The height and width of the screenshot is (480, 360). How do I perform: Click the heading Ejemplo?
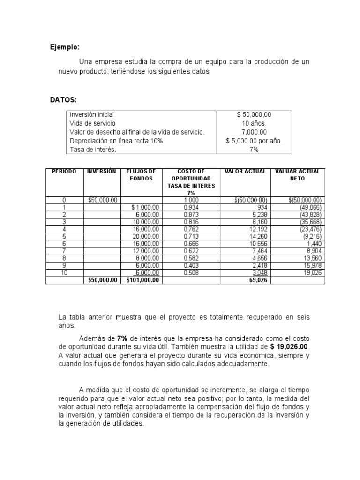[65, 47]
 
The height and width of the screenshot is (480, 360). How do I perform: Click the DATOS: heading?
[64, 100]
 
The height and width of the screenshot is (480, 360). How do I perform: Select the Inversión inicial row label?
[92, 115]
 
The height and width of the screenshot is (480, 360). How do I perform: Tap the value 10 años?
[254, 123]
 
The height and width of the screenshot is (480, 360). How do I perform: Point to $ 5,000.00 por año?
[255, 141]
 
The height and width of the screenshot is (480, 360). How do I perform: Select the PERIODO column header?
[64, 172]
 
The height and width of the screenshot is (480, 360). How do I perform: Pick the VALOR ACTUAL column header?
[246, 172]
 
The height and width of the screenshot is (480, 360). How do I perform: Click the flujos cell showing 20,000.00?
[146, 237]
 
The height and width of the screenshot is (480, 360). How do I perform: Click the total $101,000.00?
[143, 280]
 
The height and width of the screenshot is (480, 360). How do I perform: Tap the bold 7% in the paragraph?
[123, 338]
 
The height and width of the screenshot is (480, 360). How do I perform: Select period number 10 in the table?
[64, 273]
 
